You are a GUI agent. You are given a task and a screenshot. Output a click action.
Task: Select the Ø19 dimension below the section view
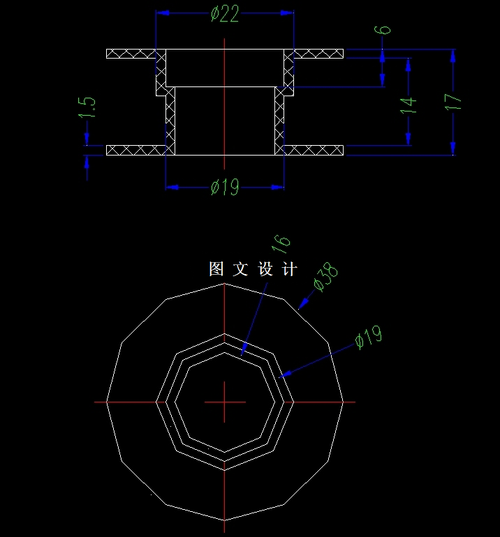pyautogui.click(x=225, y=188)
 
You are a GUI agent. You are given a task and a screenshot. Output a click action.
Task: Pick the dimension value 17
pyautogui.click(x=454, y=102)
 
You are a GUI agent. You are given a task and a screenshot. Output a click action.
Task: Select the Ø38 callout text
pyautogui.click(x=326, y=277)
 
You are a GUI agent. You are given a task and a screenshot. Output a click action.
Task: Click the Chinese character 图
pyautogui.click(x=217, y=269)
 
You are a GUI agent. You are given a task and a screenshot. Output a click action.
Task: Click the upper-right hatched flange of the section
pyautogui.click(x=318, y=54)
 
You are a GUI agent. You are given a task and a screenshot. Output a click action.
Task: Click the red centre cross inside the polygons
pyautogui.click(x=224, y=402)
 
